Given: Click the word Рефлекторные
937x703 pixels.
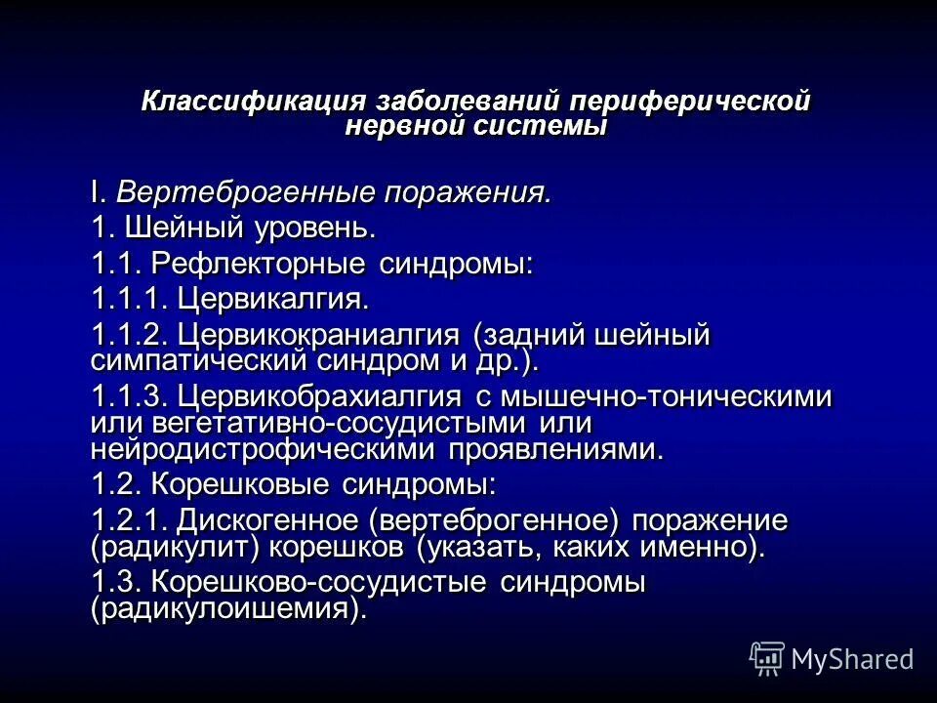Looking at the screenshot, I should pos(259,264).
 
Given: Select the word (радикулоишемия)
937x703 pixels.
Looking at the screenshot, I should pos(229,608).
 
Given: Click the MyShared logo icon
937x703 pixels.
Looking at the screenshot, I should pos(767,658).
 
